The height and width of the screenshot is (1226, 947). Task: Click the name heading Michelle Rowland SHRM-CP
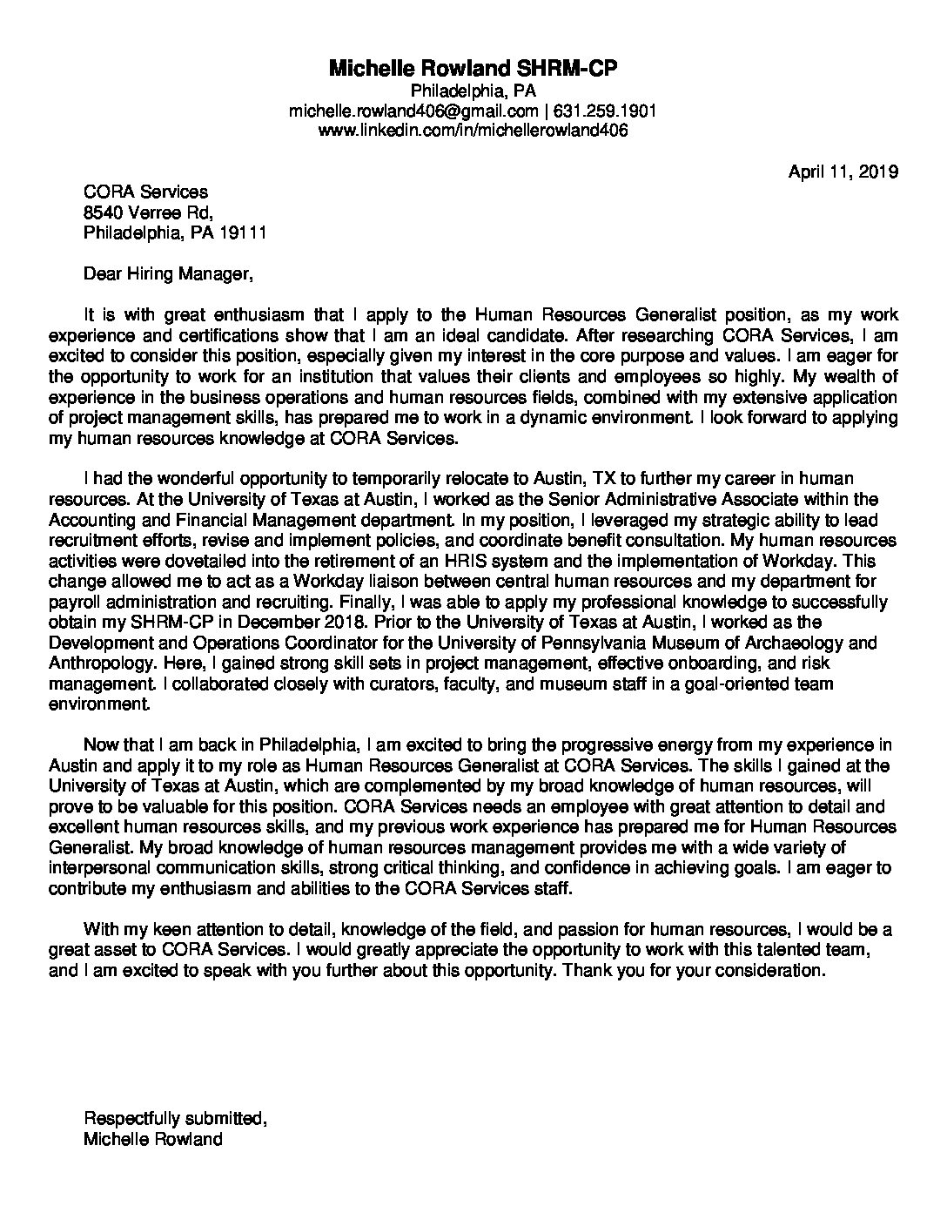473,69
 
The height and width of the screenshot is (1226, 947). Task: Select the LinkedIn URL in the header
473,131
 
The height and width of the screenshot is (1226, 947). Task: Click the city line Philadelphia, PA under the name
473,91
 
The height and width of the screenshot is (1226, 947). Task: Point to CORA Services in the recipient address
145,192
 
